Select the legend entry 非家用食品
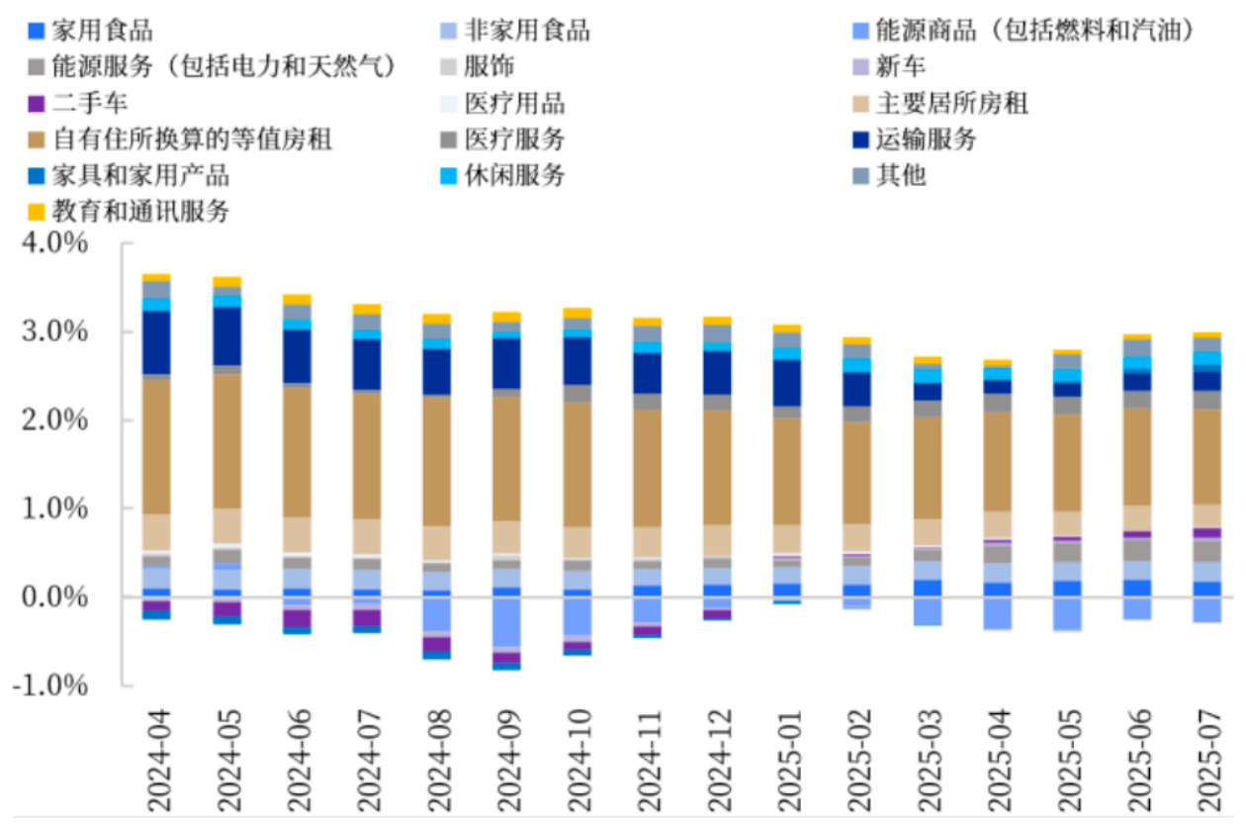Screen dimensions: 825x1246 click(x=526, y=31)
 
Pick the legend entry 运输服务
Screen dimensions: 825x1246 click(x=926, y=139)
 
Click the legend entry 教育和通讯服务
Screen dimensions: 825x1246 click(x=141, y=211)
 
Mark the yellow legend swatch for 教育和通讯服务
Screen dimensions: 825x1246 click(x=37, y=211)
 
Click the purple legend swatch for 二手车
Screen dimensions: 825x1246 click(x=37, y=103)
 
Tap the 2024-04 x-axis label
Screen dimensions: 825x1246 click(x=156, y=757)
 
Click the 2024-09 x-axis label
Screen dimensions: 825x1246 click(x=506, y=757)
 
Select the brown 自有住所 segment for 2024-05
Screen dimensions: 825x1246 click(x=226, y=441)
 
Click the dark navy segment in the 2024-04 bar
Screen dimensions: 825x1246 click(x=156, y=342)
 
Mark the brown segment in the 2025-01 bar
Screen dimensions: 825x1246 click(x=786, y=471)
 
